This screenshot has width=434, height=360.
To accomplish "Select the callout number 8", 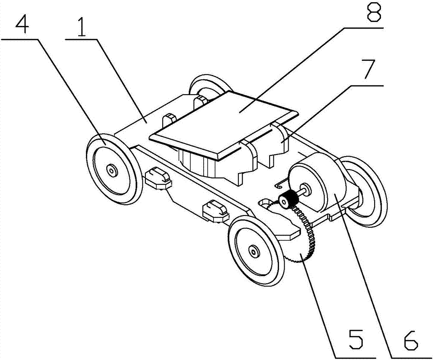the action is [x=374, y=12].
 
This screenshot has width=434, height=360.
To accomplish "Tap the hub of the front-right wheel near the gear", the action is [x=253, y=251].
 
